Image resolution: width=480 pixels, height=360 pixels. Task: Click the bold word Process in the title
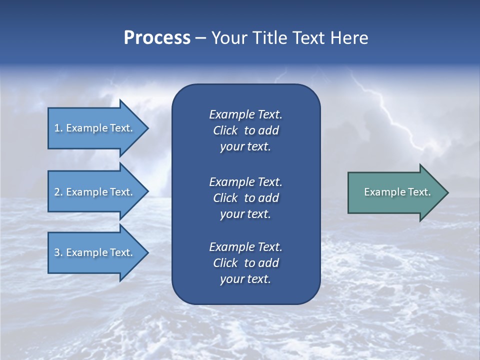pos(157,38)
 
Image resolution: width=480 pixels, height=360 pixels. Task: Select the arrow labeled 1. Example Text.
pos(93,128)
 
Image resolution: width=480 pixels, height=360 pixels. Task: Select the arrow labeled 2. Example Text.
pos(93,192)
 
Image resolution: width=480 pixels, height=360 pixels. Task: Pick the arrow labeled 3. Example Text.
pos(93,252)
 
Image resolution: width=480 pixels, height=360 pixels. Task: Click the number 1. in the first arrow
pos(58,128)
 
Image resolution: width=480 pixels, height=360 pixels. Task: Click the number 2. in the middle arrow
pos(58,192)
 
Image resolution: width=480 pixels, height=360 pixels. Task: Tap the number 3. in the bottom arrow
pos(58,252)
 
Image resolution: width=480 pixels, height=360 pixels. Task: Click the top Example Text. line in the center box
pos(245,114)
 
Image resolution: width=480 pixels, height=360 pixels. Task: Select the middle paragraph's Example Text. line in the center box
pos(245,181)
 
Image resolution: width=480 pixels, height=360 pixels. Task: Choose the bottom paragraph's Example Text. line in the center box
pos(245,247)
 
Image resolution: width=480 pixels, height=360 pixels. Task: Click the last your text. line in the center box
pos(245,279)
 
